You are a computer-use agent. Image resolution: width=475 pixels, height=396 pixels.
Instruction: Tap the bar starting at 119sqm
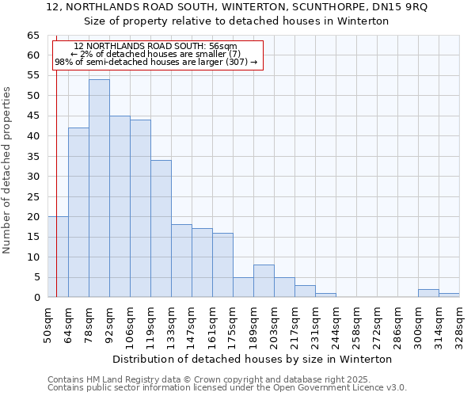click(x=161, y=229)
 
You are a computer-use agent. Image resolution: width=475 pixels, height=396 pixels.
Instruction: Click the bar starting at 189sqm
click(x=264, y=281)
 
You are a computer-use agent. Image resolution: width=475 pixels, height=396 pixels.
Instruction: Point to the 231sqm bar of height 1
click(x=325, y=295)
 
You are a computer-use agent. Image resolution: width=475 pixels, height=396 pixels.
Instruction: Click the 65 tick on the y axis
click(x=33, y=36)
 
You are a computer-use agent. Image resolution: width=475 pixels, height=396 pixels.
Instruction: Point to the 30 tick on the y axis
click(x=33, y=177)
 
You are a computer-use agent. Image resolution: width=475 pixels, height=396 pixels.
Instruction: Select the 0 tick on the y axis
click(x=36, y=298)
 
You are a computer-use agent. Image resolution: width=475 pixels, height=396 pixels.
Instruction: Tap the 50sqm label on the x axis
click(x=47, y=324)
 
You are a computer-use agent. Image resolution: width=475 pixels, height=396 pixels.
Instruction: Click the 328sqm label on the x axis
click(x=459, y=324)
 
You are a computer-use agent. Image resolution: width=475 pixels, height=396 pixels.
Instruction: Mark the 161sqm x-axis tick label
click(x=212, y=324)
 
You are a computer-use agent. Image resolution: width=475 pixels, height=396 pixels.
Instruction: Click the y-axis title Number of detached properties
click(x=8, y=170)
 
